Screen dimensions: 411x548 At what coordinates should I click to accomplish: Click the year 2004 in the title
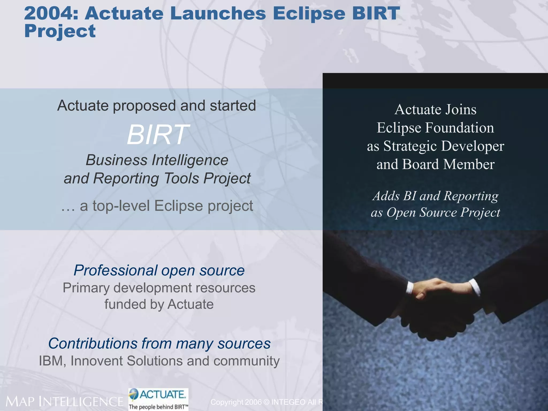pyautogui.click(x=50, y=13)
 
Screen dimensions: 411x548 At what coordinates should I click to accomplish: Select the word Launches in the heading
pyautogui.click(x=218, y=13)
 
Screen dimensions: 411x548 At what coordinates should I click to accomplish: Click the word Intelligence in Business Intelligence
pyautogui.click(x=190, y=160)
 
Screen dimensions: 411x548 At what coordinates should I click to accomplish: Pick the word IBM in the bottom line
pyautogui.click(x=51, y=361)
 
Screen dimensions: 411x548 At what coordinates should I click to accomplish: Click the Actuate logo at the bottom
pyautogui.click(x=158, y=399)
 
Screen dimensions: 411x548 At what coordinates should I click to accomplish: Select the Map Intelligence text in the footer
pyautogui.click(x=64, y=402)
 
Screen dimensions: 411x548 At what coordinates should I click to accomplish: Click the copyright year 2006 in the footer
pyautogui.click(x=253, y=402)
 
